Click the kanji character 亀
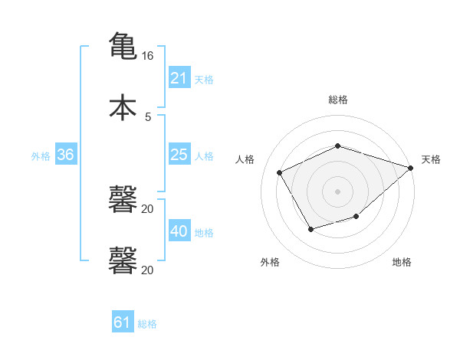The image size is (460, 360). (x=123, y=45)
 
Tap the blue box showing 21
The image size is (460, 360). (x=179, y=78)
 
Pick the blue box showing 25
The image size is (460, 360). (x=179, y=155)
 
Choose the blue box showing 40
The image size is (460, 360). (x=179, y=231)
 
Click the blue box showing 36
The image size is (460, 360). (x=66, y=155)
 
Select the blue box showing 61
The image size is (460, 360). (x=123, y=322)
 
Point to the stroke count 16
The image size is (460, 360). (x=147, y=56)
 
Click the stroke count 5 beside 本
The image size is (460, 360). (x=148, y=116)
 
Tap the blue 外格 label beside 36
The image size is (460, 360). (x=41, y=155)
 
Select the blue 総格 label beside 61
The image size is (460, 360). (x=147, y=323)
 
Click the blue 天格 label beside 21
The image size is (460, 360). (x=204, y=79)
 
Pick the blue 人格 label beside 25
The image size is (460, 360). (x=204, y=155)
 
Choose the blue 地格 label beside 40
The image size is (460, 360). (x=204, y=232)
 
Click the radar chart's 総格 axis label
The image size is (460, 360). (x=337, y=100)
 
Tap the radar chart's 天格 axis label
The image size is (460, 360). (x=431, y=159)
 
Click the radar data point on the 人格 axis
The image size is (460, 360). (x=280, y=172)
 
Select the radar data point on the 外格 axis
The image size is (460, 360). (x=310, y=229)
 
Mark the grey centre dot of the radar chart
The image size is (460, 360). (x=337, y=191)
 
